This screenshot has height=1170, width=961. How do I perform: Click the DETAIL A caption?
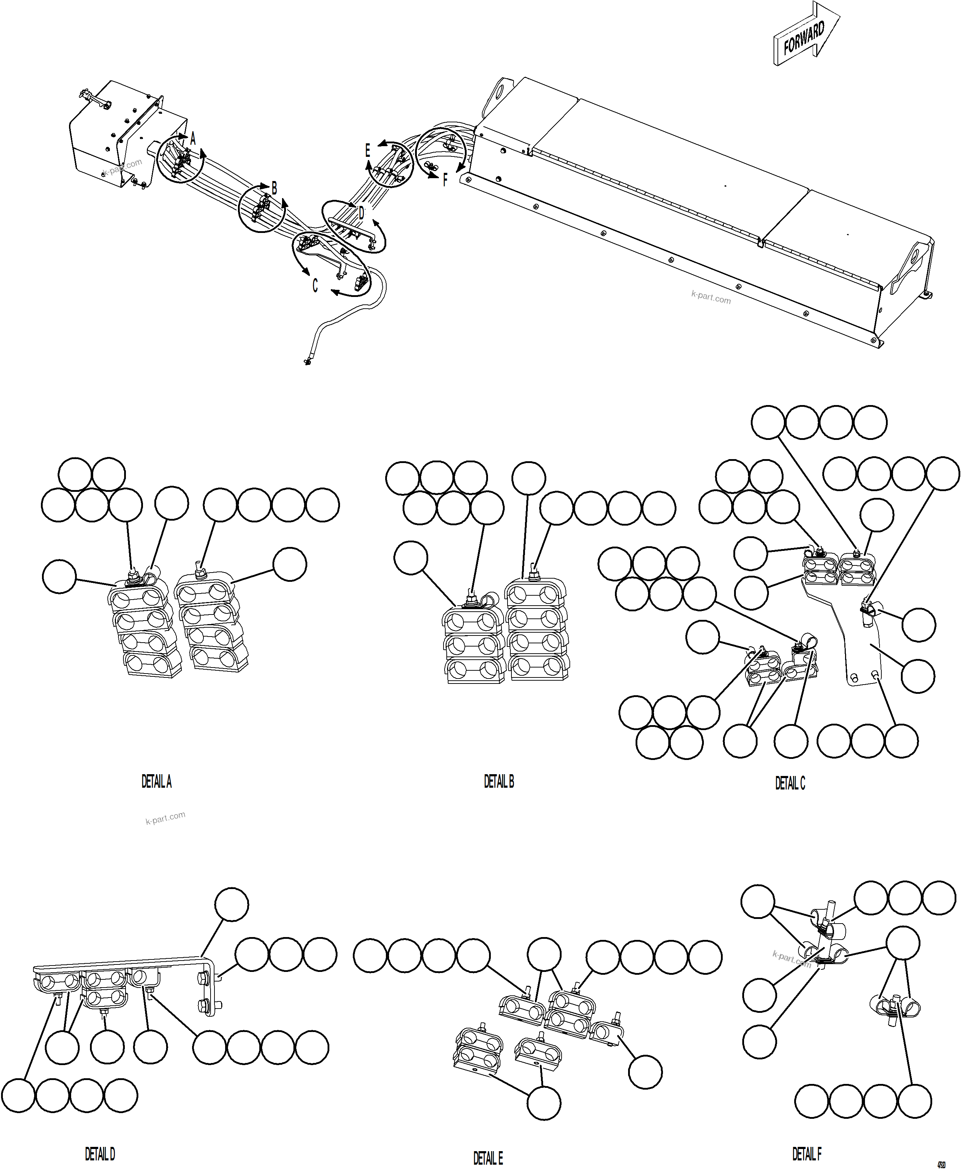click(156, 782)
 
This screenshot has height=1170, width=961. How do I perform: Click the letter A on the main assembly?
click(193, 139)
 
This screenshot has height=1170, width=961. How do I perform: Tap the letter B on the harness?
click(274, 188)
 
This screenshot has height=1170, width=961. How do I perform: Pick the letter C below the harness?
click(315, 286)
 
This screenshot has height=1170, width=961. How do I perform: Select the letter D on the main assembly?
click(361, 213)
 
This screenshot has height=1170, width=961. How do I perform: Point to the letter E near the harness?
click(367, 150)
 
